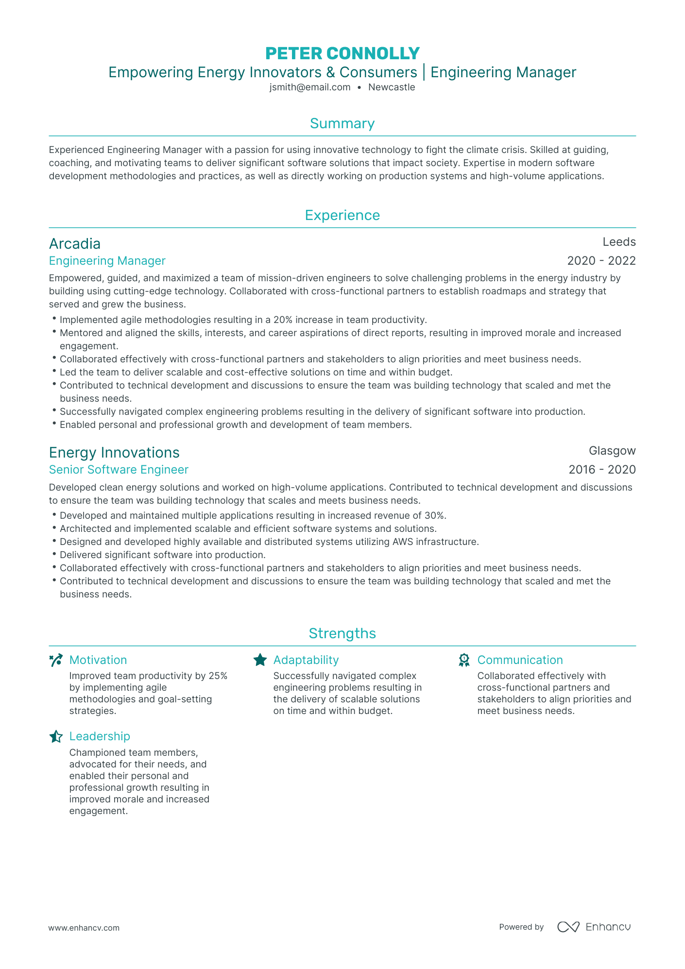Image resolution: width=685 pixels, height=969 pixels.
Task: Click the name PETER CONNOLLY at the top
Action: [x=342, y=53]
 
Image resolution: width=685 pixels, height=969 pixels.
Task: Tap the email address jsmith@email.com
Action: [x=310, y=87]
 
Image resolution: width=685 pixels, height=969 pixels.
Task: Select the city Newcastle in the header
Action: [x=392, y=87]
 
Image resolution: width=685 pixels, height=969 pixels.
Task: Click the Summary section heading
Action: [x=342, y=123]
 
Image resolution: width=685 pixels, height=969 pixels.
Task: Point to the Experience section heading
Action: [x=342, y=215]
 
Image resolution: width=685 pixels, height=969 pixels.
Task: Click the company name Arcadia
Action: [x=75, y=244]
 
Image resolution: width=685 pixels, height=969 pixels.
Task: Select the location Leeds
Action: [x=619, y=242]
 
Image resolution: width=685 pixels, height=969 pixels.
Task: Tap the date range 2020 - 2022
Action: [x=601, y=261]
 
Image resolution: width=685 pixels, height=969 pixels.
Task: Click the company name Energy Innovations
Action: [x=114, y=453]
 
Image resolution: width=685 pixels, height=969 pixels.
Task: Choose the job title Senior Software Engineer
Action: [x=119, y=470]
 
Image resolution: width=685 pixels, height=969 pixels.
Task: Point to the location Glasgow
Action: [x=612, y=451]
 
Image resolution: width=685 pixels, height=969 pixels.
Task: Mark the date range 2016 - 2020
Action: [x=602, y=470]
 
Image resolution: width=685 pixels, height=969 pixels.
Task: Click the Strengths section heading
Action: [x=342, y=633]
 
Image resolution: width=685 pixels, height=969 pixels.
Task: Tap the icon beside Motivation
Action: [x=56, y=660]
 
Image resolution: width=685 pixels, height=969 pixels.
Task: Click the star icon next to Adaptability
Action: [x=260, y=660]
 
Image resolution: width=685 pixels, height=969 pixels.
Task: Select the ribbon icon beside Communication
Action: [x=464, y=660]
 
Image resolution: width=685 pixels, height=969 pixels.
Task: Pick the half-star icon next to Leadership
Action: [x=56, y=736]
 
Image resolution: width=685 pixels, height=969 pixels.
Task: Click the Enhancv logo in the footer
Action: [x=594, y=927]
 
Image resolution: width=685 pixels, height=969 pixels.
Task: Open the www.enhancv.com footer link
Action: [x=84, y=928]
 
